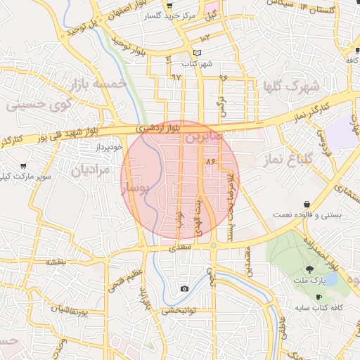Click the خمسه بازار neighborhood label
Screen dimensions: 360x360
98,85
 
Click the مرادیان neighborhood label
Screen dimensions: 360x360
91,169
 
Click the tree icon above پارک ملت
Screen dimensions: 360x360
309,269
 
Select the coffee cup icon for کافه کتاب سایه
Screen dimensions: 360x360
319,297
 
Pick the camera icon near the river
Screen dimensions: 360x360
184,288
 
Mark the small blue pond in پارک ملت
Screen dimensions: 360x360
331,278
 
